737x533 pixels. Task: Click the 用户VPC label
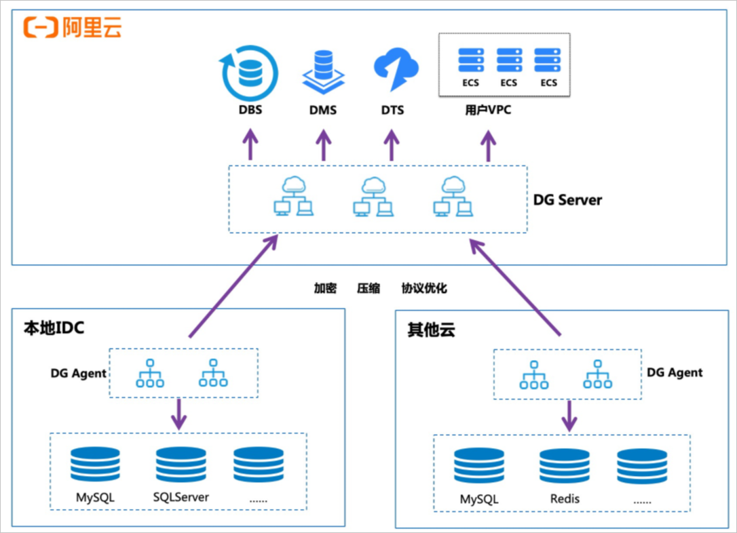[x=488, y=110]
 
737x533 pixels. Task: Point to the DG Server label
[x=567, y=200]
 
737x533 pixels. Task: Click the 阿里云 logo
[x=73, y=26]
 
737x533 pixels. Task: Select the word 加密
[x=325, y=288]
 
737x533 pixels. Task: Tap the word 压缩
[x=368, y=288]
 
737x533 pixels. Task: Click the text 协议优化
[x=424, y=288]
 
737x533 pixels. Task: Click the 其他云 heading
[x=431, y=330]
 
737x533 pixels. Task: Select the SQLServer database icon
[x=181, y=464]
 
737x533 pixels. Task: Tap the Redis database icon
[x=565, y=466]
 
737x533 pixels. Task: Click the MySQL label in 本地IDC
[x=95, y=497]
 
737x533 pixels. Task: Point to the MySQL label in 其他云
[x=479, y=499]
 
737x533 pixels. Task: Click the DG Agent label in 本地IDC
[x=78, y=373]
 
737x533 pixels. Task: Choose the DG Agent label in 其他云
[x=675, y=372]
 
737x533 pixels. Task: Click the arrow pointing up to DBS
[x=251, y=146]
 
